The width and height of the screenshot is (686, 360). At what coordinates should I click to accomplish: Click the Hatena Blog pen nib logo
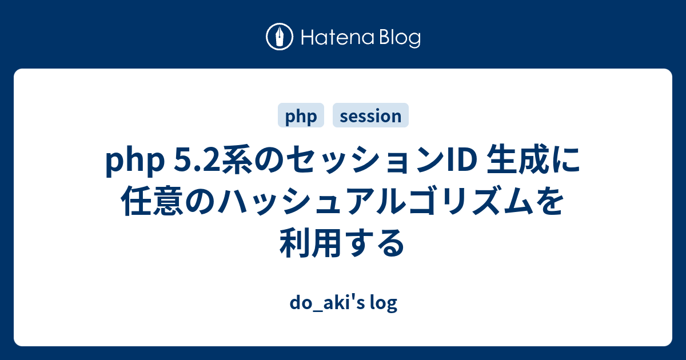click(x=280, y=37)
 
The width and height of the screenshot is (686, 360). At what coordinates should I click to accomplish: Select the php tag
click(x=301, y=115)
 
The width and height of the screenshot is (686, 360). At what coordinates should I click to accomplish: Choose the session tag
click(x=370, y=115)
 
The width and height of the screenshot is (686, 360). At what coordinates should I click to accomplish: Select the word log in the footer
click(x=384, y=303)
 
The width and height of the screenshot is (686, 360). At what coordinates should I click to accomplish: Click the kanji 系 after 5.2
click(x=238, y=160)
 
